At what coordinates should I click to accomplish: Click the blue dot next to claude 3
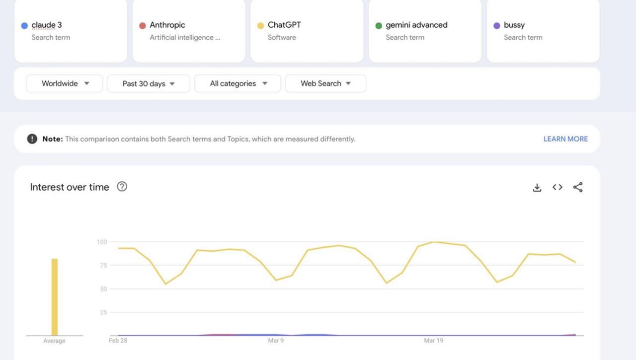[x=24, y=26]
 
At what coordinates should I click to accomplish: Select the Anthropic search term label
[x=167, y=25]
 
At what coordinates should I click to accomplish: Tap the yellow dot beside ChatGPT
[x=260, y=26]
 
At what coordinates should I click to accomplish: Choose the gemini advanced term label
[x=416, y=25]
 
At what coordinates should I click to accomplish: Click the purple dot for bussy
[x=496, y=26]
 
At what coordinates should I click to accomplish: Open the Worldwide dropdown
[x=65, y=83]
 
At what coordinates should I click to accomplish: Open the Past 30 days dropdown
[x=149, y=83]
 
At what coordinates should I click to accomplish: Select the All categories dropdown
[x=238, y=83]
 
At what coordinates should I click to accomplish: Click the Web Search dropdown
[x=325, y=83]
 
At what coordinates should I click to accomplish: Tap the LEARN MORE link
[x=565, y=139]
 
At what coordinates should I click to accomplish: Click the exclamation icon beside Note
[x=32, y=139]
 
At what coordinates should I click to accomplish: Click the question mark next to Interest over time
[x=122, y=187]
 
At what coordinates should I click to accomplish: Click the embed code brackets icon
[x=557, y=187]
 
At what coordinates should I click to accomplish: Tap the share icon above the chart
[x=578, y=187]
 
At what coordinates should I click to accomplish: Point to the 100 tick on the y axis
[x=102, y=242]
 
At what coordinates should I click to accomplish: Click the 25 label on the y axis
[x=103, y=312]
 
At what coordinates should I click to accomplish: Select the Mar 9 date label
[x=276, y=341]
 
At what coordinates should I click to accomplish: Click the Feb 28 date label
[x=118, y=341]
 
